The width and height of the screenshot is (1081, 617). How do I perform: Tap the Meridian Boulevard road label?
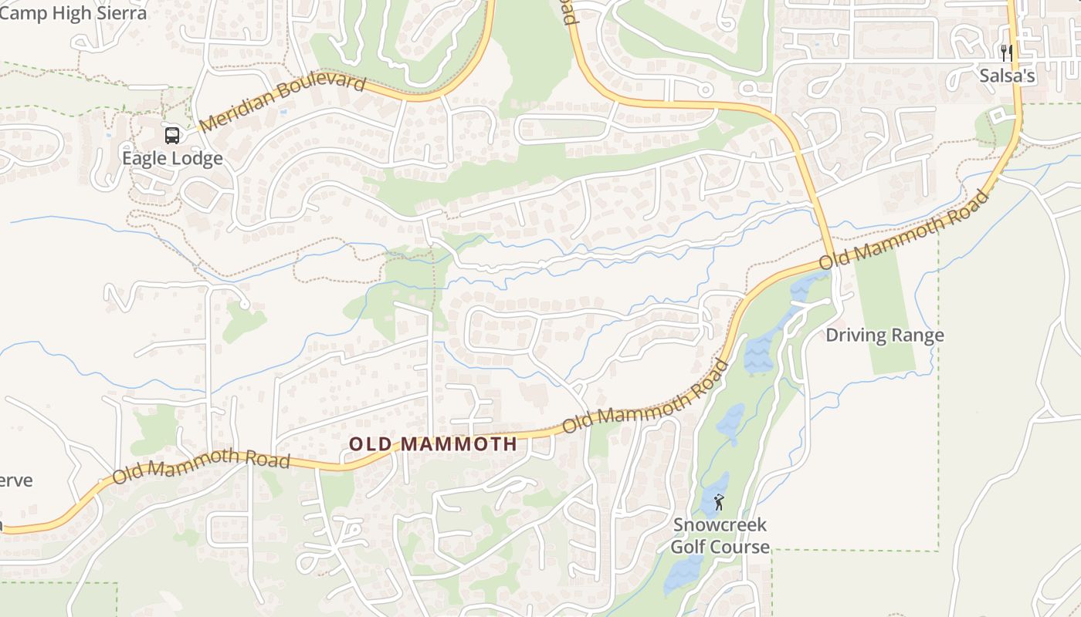[x=282, y=103]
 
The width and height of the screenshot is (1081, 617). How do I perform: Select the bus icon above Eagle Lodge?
[x=172, y=136]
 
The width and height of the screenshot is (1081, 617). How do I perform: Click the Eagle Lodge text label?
[x=172, y=158]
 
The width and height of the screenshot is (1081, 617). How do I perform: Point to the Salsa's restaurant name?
[x=1007, y=76]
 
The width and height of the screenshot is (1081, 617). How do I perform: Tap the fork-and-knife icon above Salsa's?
[x=1006, y=52]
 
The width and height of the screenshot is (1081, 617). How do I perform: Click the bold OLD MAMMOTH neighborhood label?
[x=432, y=444]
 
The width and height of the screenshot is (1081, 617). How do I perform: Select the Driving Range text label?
[x=884, y=335]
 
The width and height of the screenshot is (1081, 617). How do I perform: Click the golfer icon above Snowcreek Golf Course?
[x=720, y=503]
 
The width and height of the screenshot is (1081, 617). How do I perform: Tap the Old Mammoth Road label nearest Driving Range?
[x=903, y=230]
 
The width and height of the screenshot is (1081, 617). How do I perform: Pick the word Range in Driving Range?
[x=917, y=335]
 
